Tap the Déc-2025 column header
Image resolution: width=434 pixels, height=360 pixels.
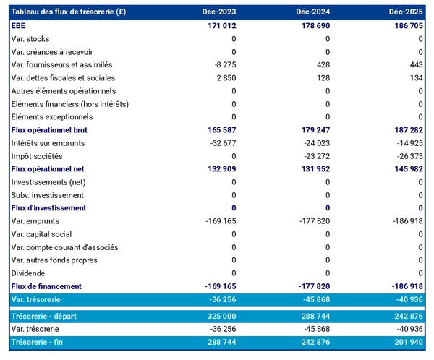pyautogui.click(x=406, y=12)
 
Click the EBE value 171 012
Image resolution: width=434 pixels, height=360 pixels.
pyautogui.click(x=221, y=25)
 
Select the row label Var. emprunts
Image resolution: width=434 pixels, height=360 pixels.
pyautogui.click(x=35, y=221)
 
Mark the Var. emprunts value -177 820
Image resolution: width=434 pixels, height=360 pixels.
pyautogui.click(x=314, y=221)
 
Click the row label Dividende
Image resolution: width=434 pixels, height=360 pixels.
pyautogui.click(x=28, y=273)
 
